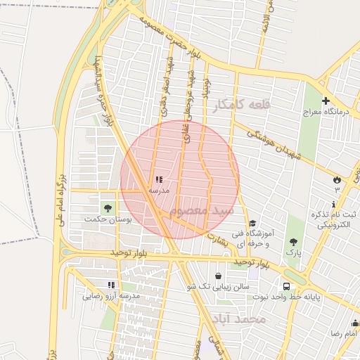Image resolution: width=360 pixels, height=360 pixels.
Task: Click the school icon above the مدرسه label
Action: pyautogui.click(x=158, y=179)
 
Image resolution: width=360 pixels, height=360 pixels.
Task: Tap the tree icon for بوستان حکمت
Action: pyautogui.click(x=108, y=207)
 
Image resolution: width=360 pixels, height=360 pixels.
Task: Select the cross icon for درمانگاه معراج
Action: pyautogui.click(x=326, y=101)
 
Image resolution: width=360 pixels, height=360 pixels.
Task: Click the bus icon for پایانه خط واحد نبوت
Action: pyautogui.click(x=286, y=286)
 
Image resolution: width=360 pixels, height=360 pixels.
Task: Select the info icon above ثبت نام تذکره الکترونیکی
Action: pyautogui.click(x=333, y=202)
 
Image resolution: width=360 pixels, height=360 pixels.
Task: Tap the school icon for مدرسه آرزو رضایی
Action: pyautogui.click(x=111, y=285)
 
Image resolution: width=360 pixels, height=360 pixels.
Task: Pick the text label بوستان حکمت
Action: pyautogui.click(x=108, y=219)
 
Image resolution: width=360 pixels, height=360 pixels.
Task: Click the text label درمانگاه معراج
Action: pyautogui.click(x=321, y=112)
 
